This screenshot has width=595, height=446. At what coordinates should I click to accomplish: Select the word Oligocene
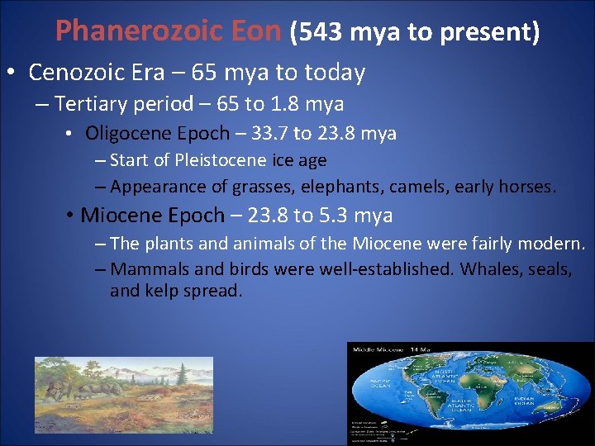(126, 133)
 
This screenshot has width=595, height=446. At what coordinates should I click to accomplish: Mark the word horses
(530, 187)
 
